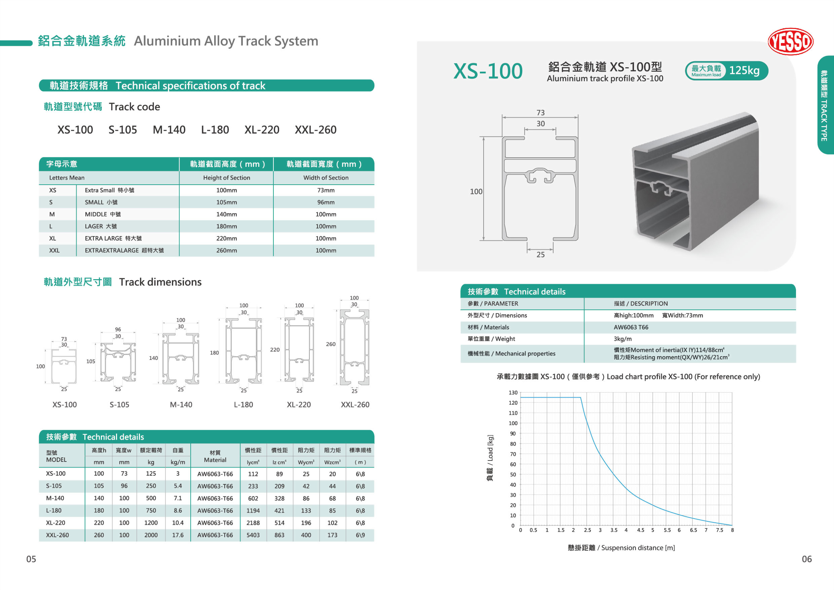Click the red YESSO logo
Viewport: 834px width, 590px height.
790,41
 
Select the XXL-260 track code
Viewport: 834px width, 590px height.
315,130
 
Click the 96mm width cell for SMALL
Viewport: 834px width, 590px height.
326,202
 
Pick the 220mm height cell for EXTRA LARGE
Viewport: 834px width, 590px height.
226,238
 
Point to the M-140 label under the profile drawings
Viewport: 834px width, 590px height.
181,404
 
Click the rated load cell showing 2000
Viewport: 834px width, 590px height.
151,535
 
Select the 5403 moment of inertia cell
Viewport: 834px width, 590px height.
253,535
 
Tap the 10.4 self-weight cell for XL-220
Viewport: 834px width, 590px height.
178,522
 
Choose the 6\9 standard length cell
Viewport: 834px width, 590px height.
360,535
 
